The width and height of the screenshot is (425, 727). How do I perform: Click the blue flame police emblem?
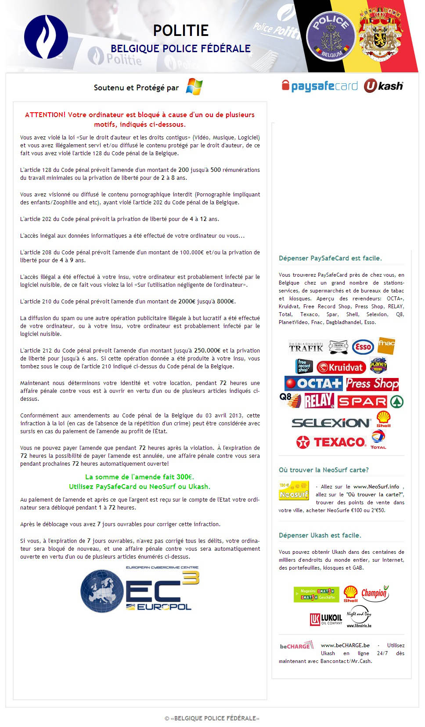[x=46, y=37]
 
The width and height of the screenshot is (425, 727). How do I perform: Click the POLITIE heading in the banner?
[x=180, y=30]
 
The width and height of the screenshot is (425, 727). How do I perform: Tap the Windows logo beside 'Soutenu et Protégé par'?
[x=194, y=86]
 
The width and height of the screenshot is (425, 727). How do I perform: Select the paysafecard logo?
[x=320, y=86]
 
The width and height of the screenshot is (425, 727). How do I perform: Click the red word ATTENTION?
[x=45, y=115]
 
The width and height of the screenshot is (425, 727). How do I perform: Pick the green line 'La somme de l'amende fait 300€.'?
[x=140, y=477]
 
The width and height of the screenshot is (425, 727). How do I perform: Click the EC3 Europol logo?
[x=140, y=589]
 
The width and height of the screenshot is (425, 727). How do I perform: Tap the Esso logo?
[x=363, y=347]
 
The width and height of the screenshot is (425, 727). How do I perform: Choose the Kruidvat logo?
[x=341, y=367]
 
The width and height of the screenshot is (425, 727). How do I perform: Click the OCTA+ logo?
[x=313, y=384]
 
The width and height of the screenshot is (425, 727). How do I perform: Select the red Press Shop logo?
[x=372, y=384]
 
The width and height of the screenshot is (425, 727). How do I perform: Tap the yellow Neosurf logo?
[x=294, y=491]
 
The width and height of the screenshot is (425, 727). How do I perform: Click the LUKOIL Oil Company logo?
[x=326, y=619]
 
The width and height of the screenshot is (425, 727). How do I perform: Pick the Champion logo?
[x=375, y=593]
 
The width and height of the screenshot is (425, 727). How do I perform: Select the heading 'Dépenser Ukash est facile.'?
[x=320, y=535]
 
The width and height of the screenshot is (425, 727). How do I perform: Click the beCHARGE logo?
[x=296, y=646]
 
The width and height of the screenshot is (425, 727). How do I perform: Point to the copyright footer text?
[x=212, y=718]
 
